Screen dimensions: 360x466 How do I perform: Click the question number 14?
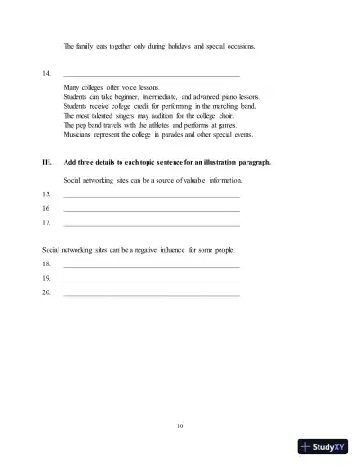(x=46, y=74)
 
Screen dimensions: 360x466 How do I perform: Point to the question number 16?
(x=46, y=209)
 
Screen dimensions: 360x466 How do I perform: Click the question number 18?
(x=46, y=264)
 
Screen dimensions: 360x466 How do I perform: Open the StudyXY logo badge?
(x=323, y=445)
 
